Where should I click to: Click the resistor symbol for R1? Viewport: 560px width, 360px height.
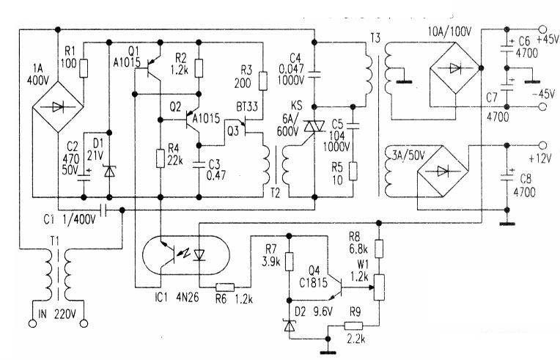[84, 69]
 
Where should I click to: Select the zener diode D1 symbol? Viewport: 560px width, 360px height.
[109, 172]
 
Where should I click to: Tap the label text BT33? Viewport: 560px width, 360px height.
[247, 106]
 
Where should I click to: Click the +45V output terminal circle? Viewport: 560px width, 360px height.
[542, 29]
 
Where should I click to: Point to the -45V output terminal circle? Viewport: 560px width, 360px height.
[542, 106]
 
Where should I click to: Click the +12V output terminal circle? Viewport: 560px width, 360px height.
[542, 145]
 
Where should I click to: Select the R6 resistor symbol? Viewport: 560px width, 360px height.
[225, 287]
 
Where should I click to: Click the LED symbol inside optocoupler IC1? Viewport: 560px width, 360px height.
[199, 255]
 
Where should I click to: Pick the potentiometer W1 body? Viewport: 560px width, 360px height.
[379, 287]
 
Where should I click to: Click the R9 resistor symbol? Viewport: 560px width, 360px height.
[353, 326]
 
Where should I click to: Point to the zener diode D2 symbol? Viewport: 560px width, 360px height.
[290, 326]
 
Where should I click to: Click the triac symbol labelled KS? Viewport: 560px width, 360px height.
[314, 126]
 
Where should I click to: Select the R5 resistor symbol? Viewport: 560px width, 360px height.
[353, 171]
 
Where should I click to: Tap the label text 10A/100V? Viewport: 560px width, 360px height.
[449, 32]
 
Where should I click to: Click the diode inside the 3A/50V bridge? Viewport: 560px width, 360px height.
[443, 171]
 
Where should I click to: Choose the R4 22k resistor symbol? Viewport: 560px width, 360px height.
[161, 158]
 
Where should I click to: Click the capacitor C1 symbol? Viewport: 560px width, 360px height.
[104, 210]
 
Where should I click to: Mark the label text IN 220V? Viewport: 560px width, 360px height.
[57, 314]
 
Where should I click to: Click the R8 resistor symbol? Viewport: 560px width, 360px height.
[379, 249]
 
